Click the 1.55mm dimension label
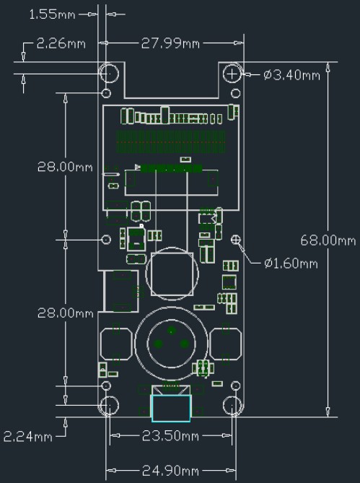tap(53, 14)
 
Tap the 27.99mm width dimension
tap(170, 43)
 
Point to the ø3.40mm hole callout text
tap(292, 74)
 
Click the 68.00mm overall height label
tap(328, 240)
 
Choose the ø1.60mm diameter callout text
tap(291, 263)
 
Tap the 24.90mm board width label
tap(170, 471)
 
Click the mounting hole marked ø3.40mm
tap(233, 74)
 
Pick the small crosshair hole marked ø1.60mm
tap(236, 239)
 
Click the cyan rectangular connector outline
tap(170, 408)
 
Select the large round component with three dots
tap(170, 343)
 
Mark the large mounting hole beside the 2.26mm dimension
tap(109, 74)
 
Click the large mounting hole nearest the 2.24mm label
tap(109, 406)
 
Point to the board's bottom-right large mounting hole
tap(232, 406)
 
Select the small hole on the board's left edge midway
tap(107, 239)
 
